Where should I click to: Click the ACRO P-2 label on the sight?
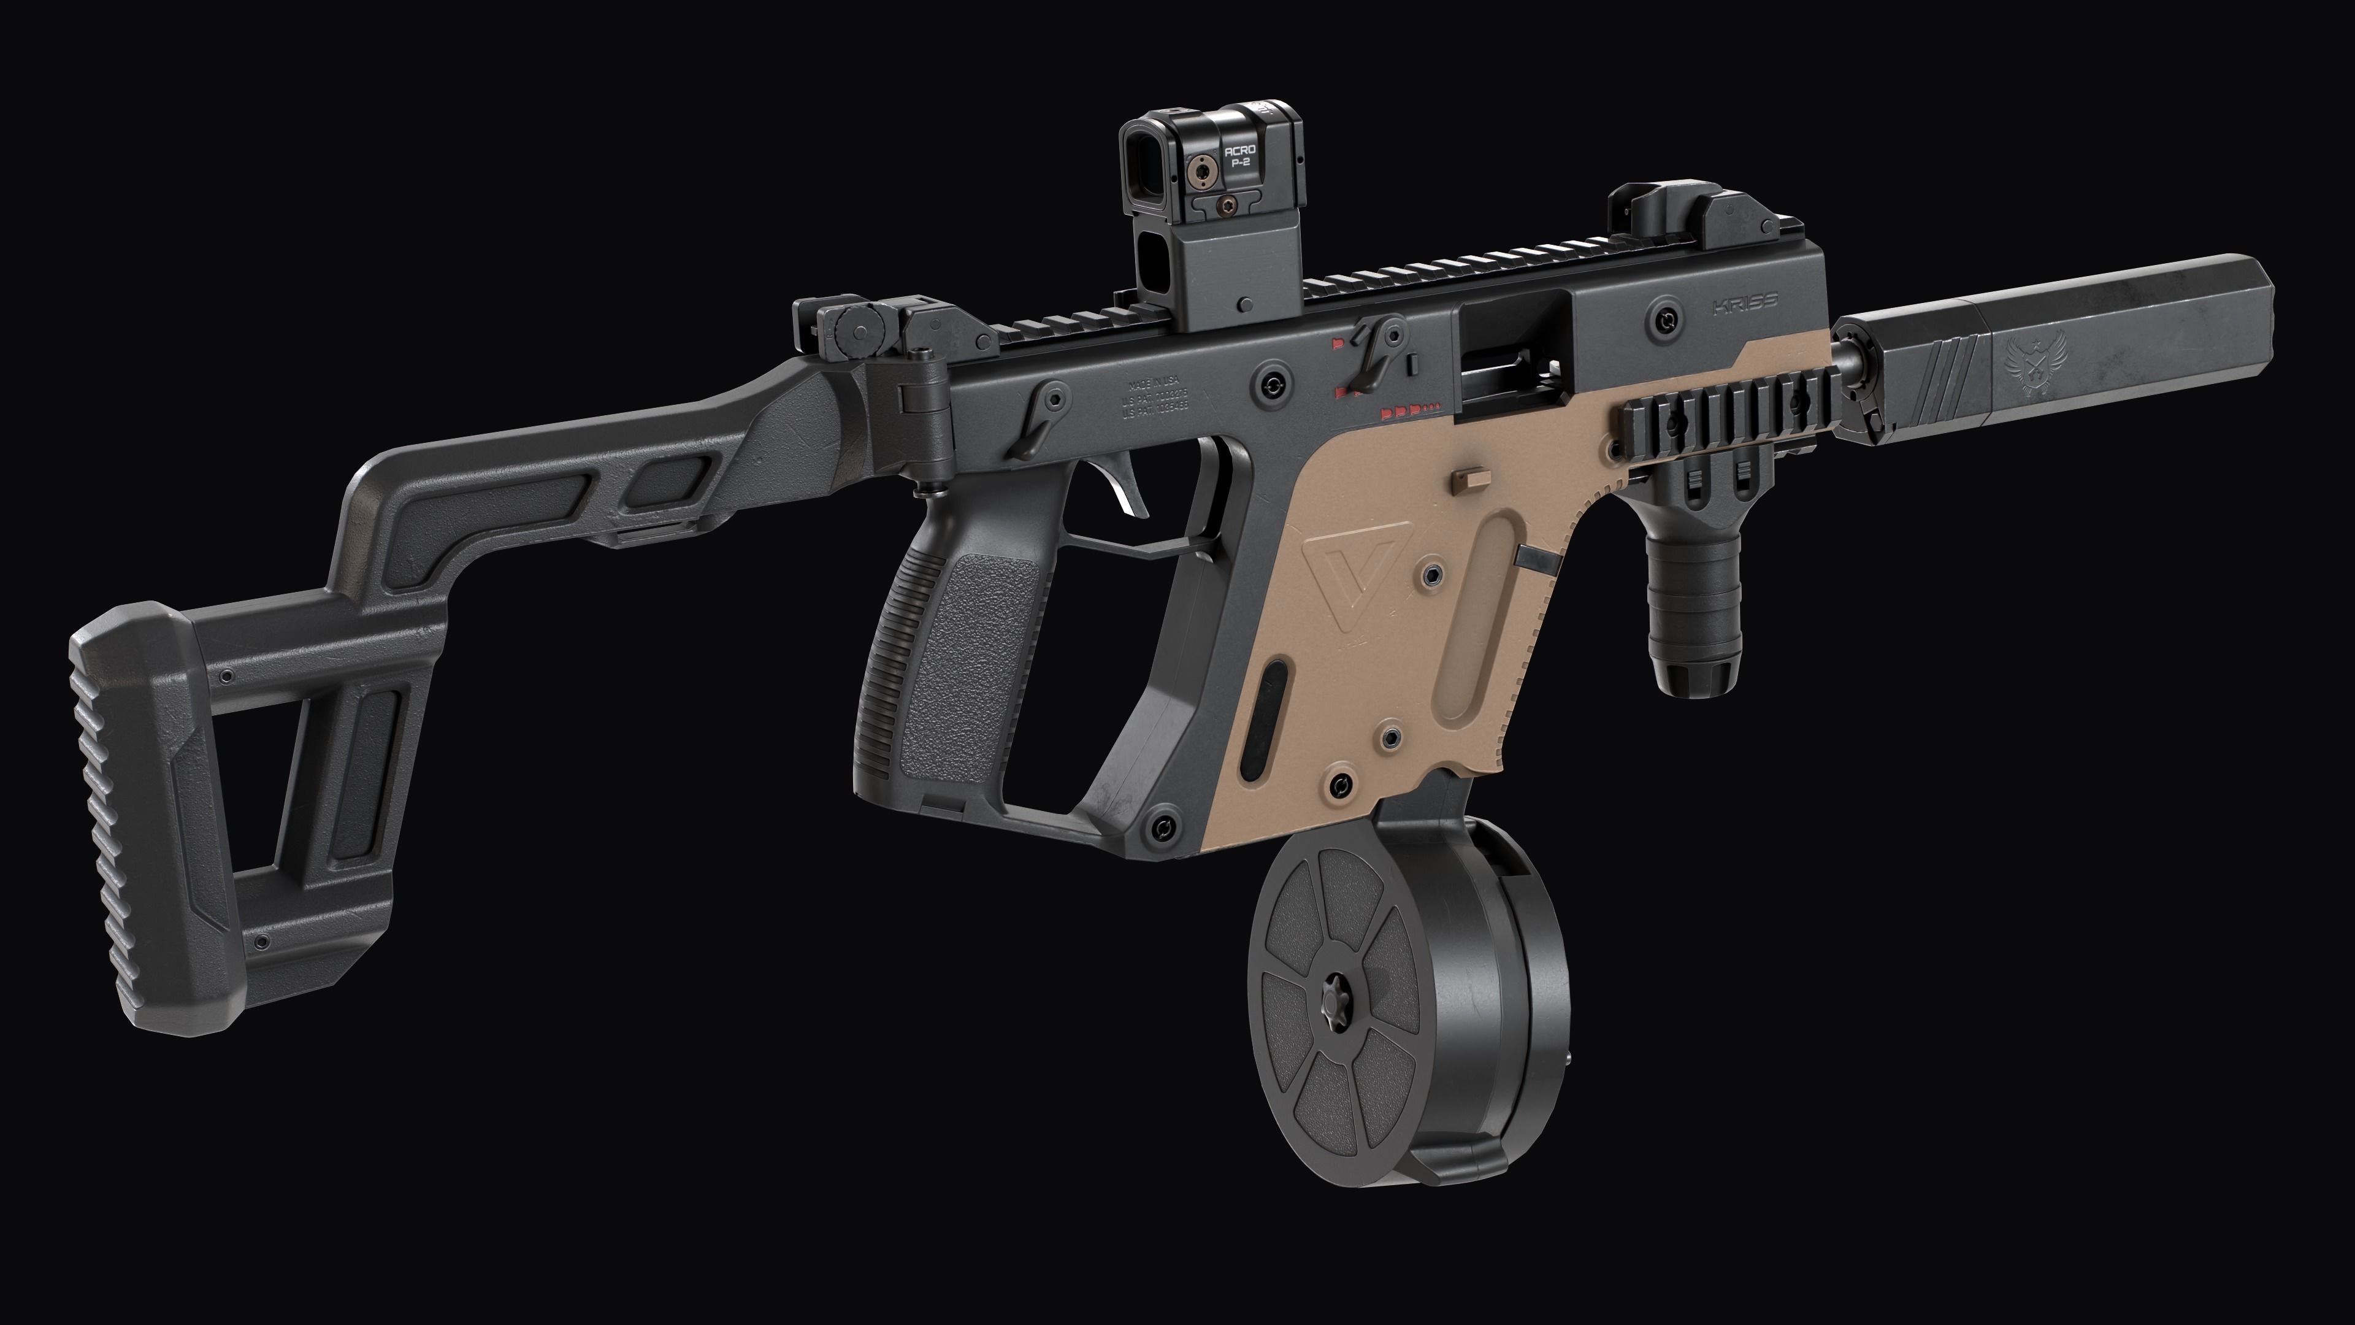1239,155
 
